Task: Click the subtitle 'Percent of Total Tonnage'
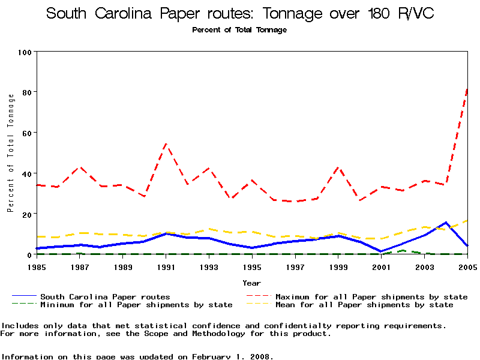pyautogui.click(x=239, y=30)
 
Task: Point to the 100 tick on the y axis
pyautogui.click(x=25, y=52)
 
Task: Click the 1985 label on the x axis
pyautogui.click(x=38, y=266)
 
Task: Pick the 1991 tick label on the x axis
pyautogui.click(x=166, y=266)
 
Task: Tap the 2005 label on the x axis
pyautogui.click(x=467, y=266)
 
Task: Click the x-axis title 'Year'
pyautogui.click(x=251, y=283)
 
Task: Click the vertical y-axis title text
pyautogui.click(x=10, y=153)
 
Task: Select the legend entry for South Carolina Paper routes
pyautogui.click(x=105, y=296)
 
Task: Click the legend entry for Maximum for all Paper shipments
pyautogui.click(x=371, y=296)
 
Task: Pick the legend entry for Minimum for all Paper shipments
pyautogui.click(x=136, y=305)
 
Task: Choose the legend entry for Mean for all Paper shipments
pyautogui.click(x=364, y=305)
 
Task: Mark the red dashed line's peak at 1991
pyautogui.click(x=166, y=144)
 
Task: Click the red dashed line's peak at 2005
pyautogui.click(x=467, y=89)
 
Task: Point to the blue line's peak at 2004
pyautogui.click(x=446, y=223)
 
